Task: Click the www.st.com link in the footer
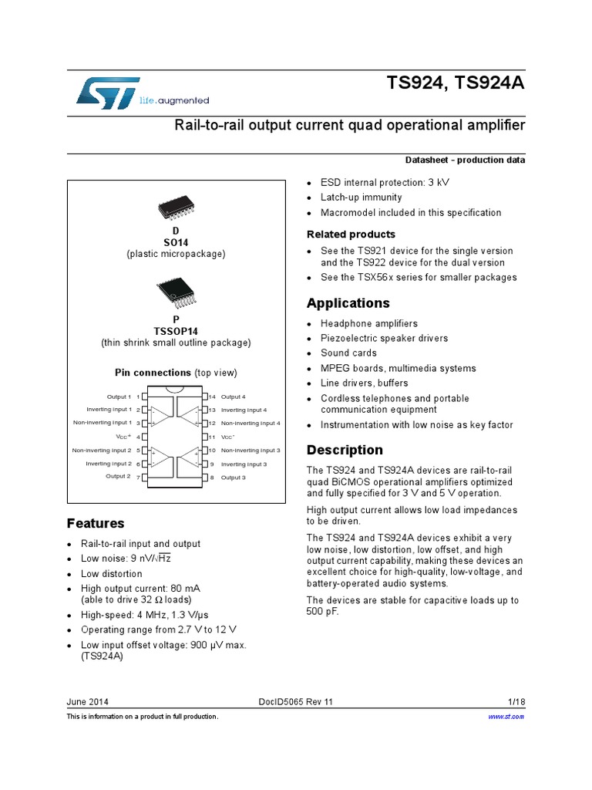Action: (x=506, y=717)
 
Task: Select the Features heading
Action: (x=96, y=523)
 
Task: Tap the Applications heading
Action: (x=348, y=303)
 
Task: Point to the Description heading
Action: (x=345, y=450)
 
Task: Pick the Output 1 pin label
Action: (x=119, y=397)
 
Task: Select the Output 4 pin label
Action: (x=234, y=397)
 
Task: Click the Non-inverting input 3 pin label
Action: (x=251, y=450)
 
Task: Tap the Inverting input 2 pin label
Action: (x=109, y=464)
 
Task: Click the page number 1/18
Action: (x=516, y=701)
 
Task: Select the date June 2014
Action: (x=88, y=701)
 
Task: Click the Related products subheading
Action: (x=351, y=234)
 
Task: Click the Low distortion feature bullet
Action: (x=112, y=574)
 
